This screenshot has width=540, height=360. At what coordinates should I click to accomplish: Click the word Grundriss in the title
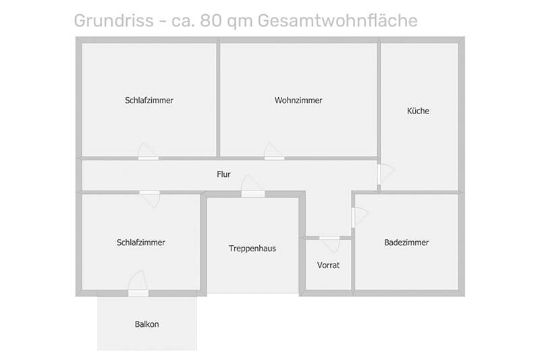point(113,20)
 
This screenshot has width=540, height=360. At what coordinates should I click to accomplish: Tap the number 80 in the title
point(211,20)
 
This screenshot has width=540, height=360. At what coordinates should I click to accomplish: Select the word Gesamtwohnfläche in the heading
point(337,20)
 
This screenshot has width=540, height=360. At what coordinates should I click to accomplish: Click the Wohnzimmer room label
point(298,100)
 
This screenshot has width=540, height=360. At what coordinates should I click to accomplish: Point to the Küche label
point(418,111)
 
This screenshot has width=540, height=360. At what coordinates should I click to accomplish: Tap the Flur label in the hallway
point(223,174)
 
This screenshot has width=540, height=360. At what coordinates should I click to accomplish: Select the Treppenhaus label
point(252,249)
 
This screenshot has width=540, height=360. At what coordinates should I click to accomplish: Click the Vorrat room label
point(328,265)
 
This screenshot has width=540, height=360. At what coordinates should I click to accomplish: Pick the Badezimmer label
point(406,242)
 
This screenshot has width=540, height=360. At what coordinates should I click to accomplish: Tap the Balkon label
point(146,324)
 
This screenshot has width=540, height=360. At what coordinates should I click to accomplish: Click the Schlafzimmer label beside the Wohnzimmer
point(148,100)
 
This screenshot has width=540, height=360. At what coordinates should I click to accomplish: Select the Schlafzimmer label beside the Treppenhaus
point(140,242)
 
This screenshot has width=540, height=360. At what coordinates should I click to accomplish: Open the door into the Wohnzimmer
point(274,151)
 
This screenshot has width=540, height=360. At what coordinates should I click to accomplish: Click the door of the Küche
point(385,174)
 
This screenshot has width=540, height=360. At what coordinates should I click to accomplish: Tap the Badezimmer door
point(360,217)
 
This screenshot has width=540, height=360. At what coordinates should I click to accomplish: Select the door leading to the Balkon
point(138,284)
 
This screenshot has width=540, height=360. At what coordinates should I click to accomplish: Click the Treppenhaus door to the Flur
point(252,186)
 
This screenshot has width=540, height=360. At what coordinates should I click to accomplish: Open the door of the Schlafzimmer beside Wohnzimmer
point(148,151)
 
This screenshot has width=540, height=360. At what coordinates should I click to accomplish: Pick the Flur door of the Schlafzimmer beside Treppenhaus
point(150,199)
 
